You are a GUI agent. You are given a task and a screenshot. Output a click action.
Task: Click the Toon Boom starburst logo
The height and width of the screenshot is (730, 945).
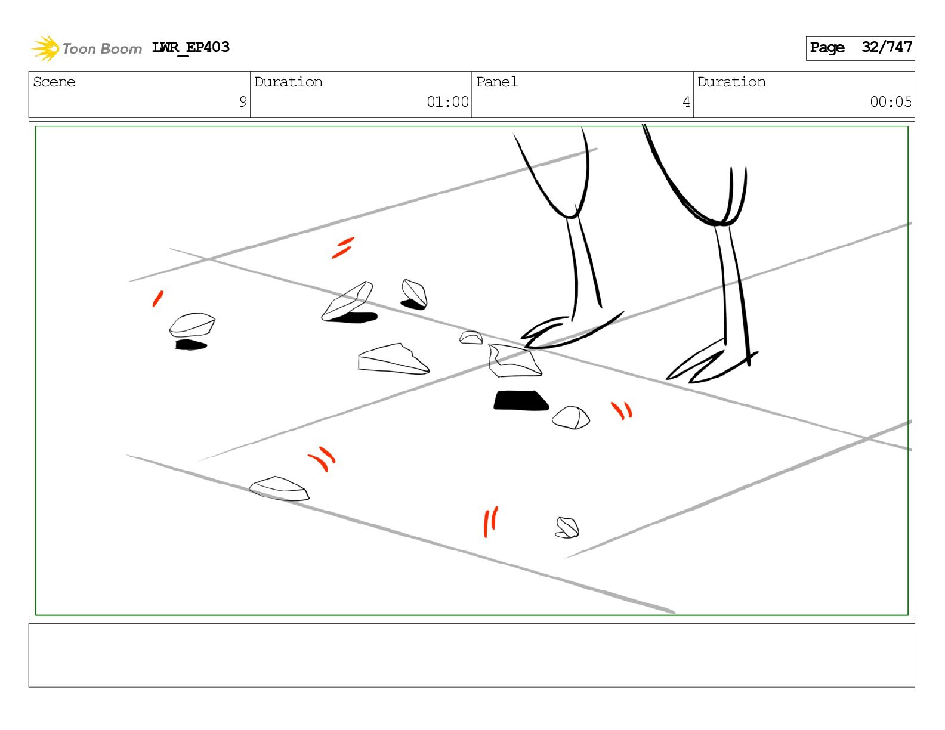[45, 48]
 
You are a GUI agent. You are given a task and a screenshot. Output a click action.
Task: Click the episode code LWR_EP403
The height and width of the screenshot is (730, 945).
[190, 47]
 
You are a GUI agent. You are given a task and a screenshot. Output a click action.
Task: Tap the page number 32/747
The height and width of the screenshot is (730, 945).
[887, 47]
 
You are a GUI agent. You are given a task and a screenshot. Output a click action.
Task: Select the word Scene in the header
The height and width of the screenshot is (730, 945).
[54, 82]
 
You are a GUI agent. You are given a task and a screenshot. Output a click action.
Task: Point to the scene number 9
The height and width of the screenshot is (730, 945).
[243, 102]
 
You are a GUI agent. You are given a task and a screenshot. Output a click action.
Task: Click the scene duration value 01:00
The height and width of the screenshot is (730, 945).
[447, 102]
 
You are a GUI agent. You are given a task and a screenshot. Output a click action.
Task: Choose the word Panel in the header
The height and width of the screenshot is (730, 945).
[497, 82]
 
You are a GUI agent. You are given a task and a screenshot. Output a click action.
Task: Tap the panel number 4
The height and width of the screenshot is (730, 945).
[686, 102]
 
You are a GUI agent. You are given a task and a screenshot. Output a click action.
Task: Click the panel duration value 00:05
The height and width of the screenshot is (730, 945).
[891, 102]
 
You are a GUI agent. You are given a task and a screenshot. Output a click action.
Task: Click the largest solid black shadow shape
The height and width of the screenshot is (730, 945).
[521, 400]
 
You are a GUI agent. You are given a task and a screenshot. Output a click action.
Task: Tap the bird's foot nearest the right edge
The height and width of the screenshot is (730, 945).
[712, 361]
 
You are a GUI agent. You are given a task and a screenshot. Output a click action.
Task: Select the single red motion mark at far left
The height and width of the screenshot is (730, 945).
[157, 299]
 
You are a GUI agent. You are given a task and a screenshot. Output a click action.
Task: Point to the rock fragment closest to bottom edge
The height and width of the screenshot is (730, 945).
[567, 527]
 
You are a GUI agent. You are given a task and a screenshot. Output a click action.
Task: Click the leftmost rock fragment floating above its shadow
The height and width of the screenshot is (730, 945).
[192, 324]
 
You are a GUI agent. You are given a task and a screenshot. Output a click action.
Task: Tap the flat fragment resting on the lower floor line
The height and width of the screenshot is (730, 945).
[279, 488]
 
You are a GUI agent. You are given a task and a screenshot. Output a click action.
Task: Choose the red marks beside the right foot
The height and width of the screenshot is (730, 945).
[622, 410]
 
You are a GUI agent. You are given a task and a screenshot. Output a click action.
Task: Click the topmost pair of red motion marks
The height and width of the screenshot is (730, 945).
[343, 248]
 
